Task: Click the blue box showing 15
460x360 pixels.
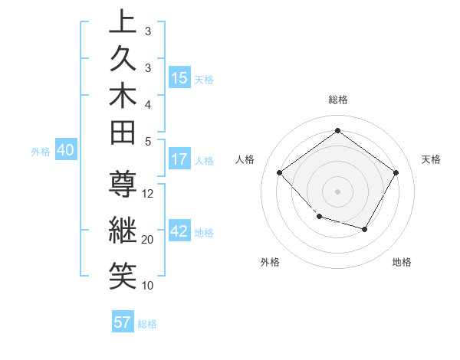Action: click(x=179, y=78)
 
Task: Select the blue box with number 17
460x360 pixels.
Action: click(x=179, y=160)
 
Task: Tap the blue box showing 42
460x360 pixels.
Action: click(x=179, y=231)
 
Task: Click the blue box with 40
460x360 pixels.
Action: click(x=65, y=151)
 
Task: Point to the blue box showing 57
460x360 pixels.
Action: click(x=123, y=322)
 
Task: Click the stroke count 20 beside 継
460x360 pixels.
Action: click(x=148, y=240)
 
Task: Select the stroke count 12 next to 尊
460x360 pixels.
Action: click(x=148, y=194)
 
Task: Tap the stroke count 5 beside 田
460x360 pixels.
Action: click(x=148, y=140)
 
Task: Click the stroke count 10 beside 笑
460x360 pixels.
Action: click(x=148, y=285)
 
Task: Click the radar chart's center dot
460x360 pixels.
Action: click(x=337, y=191)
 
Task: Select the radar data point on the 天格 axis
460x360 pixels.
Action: click(x=396, y=172)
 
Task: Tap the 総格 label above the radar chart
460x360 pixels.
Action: click(x=337, y=100)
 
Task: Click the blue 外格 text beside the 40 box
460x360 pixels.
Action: click(x=40, y=152)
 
